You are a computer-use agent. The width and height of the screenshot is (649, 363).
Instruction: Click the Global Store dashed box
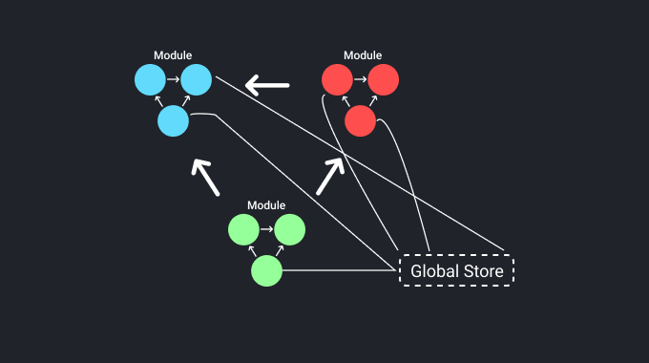coord(456,270)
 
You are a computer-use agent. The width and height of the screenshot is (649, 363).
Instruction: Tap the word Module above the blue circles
coord(173,55)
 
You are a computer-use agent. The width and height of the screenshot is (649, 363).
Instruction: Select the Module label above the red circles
coord(362,55)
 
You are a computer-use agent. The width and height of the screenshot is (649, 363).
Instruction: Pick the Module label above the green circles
coord(266,205)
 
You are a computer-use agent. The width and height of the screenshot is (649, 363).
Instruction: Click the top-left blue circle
coord(150,79)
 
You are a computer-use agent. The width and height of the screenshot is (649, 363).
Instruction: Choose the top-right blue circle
coord(196,79)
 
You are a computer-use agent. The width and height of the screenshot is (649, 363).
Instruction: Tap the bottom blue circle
coord(173,120)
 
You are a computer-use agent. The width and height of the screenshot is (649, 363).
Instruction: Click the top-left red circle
coord(338,79)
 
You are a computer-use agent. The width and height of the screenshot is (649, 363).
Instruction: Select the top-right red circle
coord(384,79)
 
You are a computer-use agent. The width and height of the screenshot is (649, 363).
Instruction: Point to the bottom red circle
coord(360,120)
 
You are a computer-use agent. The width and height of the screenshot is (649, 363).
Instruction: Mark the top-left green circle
coord(243,230)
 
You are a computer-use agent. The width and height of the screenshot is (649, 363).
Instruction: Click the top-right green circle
coord(289,230)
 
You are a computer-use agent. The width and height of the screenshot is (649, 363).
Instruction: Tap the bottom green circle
coord(266,271)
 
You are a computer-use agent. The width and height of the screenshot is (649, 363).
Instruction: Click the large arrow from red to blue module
coord(267,86)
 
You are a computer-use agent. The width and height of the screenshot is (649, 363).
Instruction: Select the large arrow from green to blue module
coord(205,177)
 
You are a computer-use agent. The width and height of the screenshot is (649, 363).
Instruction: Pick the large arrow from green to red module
coord(329,176)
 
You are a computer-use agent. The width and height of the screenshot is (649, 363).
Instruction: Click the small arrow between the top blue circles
coord(173,79)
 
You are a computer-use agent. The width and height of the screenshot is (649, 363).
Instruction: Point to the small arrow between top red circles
coord(361,79)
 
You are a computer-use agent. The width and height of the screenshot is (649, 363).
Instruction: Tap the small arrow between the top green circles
coord(266,230)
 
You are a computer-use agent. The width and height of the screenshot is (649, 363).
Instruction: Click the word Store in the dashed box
coord(481,271)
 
